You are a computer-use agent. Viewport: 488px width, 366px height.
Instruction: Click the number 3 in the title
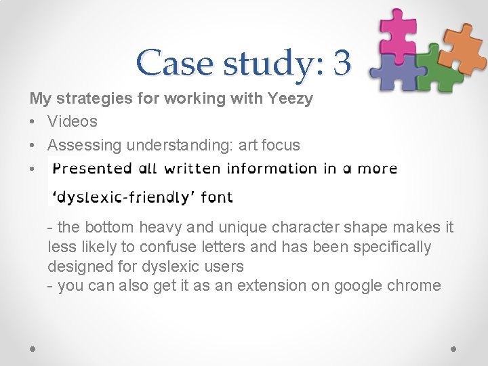pyautogui.click(x=342, y=63)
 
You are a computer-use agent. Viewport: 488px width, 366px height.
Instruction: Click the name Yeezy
pyautogui.click(x=289, y=99)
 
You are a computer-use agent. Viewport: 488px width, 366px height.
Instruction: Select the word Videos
pyautogui.click(x=73, y=122)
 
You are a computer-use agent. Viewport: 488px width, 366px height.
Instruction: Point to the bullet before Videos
pyautogui.click(x=33, y=122)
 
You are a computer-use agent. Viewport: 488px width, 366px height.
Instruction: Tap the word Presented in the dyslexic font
pyautogui.click(x=92, y=168)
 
